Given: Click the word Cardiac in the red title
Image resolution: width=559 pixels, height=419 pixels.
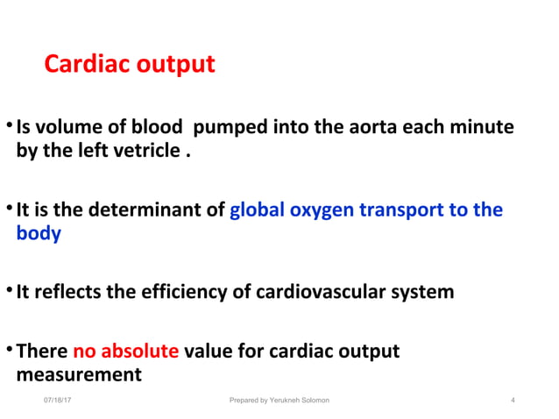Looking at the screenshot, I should coord(82,65).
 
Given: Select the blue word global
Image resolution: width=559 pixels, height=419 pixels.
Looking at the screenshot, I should coord(257,210).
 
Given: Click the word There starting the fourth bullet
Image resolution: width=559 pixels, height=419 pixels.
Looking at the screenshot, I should coord(42,352).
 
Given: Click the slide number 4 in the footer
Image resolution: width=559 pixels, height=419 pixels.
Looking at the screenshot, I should coord(512,401).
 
